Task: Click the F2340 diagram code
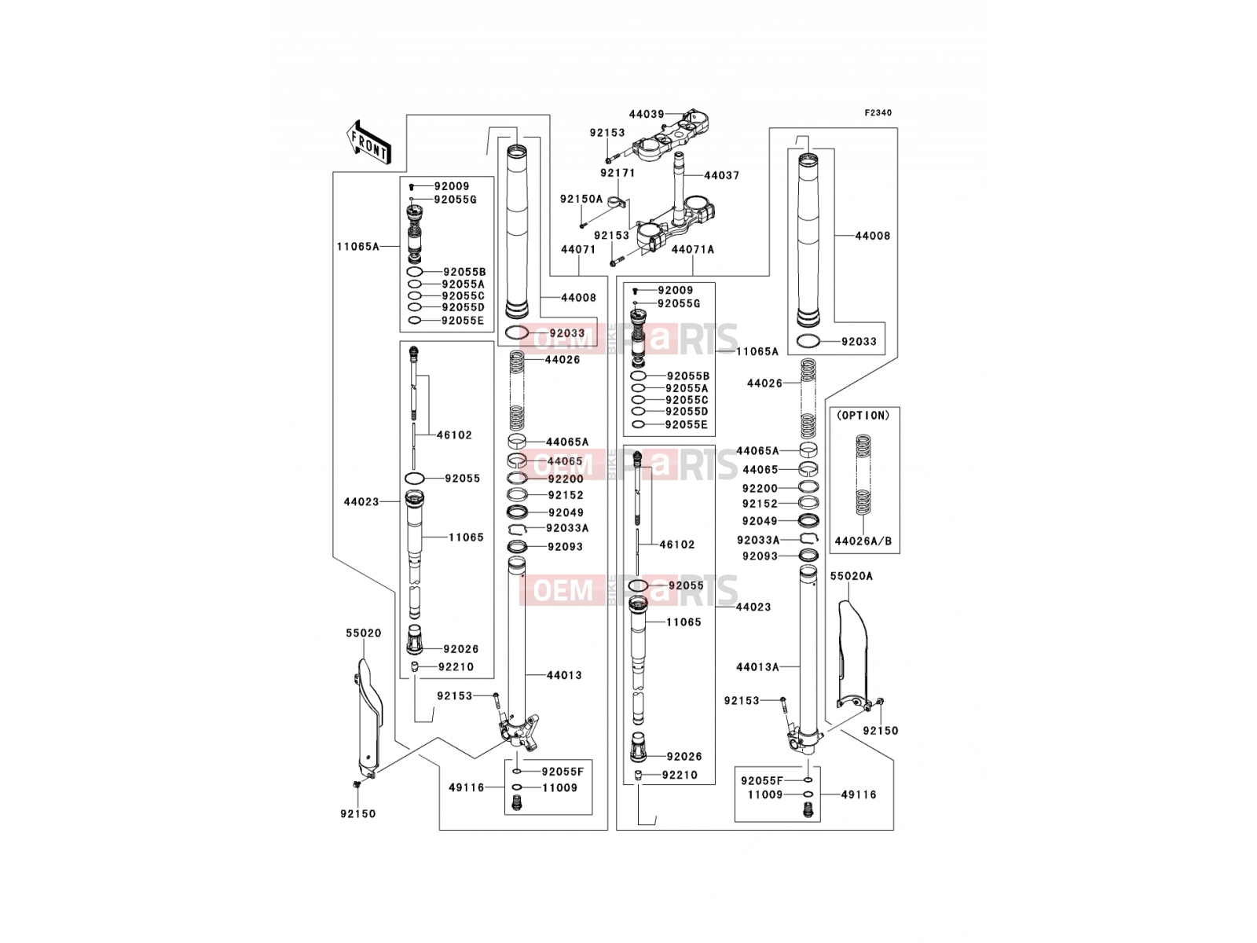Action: click(878, 113)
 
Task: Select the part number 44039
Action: click(647, 114)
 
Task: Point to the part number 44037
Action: click(721, 175)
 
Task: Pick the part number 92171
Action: click(618, 172)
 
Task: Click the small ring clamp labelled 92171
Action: click(616, 201)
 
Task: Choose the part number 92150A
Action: click(581, 199)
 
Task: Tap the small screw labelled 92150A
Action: click(582, 225)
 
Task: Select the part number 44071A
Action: click(693, 249)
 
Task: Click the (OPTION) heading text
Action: click(863, 416)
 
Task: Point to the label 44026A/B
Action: click(863, 541)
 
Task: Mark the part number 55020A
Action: click(852, 576)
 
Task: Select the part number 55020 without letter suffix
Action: click(363, 633)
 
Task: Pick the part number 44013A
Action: click(757, 667)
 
